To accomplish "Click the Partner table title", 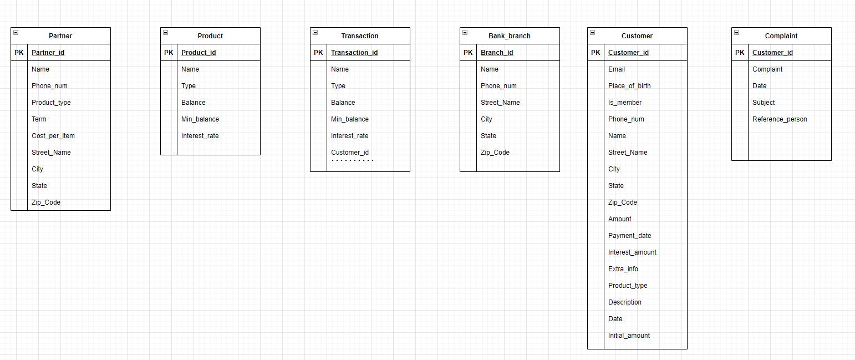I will [x=60, y=36].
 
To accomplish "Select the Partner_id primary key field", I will [x=48, y=53].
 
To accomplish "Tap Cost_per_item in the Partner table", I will [x=53, y=136].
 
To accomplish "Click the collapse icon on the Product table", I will [x=165, y=33].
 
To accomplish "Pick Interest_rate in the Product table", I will [x=200, y=136].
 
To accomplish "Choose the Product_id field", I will [x=199, y=53].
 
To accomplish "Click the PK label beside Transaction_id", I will [x=318, y=53].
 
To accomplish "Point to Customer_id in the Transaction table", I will [x=350, y=153].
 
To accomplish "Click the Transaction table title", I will [x=360, y=36].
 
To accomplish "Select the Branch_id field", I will [x=497, y=53].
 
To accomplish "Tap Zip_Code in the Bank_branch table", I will [x=495, y=153].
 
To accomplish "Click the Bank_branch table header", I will [x=510, y=36].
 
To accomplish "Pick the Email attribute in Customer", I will [x=617, y=69].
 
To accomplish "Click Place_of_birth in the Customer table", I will [x=629, y=86].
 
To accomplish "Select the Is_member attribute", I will [x=625, y=103].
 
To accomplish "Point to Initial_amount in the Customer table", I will [x=629, y=336].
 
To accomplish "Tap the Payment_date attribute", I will [x=629, y=236].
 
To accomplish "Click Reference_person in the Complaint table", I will [x=780, y=119].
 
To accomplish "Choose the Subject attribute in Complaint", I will [x=764, y=103].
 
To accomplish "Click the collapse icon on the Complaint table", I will [x=736, y=33].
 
